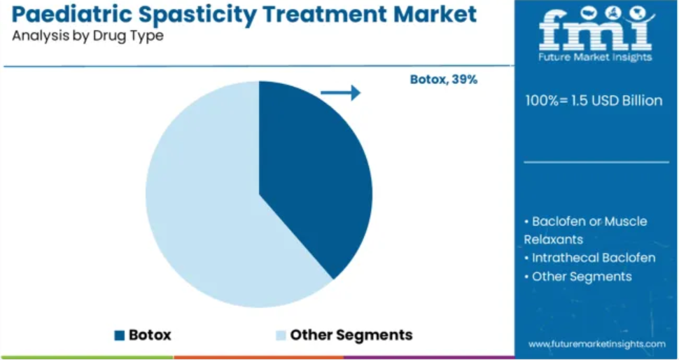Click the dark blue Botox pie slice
[x=311, y=173]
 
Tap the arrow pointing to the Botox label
[x=340, y=92]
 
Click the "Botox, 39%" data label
[x=444, y=80]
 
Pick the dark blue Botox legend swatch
[x=120, y=335]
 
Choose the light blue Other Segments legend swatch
[x=281, y=335]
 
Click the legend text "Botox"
[x=150, y=335]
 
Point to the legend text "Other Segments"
[x=351, y=335]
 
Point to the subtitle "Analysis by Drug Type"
[x=87, y=36]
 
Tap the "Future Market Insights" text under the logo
[x=596, y=57]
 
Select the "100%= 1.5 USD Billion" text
[x=594, y=101]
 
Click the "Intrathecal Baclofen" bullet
[x=590, y=258]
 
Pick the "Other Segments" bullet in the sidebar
[x=578, y=277]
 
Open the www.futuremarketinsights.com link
[x=596, y=344]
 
